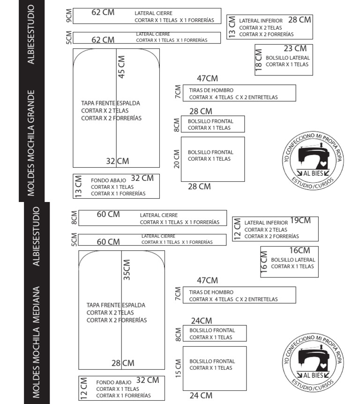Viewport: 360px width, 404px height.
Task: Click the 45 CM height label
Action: (x=121, y=67)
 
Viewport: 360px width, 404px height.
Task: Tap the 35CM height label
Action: (x=127, y=270)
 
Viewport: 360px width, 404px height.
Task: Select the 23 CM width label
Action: (x=295, y=48)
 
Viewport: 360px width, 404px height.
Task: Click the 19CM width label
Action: (x=300, y=220)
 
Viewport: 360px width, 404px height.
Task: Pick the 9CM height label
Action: (x=69, y=16)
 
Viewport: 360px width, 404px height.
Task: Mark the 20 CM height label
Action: (x=177, y=159)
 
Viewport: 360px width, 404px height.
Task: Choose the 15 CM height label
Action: (x=178, y=368)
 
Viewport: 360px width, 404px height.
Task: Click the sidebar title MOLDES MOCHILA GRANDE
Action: (x=31, y=143)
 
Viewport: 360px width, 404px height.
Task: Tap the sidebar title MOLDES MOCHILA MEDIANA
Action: (x=36, y=342)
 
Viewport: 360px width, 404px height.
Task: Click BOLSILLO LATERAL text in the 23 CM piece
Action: (x=287, y=58)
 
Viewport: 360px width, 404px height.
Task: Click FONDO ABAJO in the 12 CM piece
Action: (x=113, y=382)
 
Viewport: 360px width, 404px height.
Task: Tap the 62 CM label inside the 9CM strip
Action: (x=103, y=12)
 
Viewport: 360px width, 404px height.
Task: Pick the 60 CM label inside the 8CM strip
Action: (x=108, y=214)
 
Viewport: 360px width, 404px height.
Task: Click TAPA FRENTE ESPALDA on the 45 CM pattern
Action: (x=110, y=103)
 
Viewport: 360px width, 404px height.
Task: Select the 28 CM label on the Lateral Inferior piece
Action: (x=300, y=20)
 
